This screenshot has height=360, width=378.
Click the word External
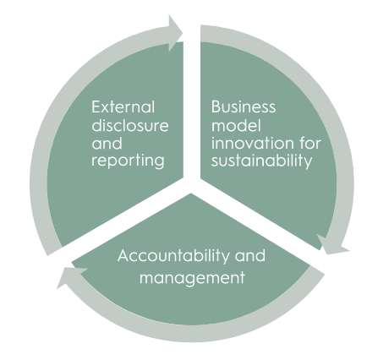click(x=123, y=107)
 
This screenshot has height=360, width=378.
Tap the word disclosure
click(x=130, y=125)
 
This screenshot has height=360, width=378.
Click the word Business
click(x=244, y=107)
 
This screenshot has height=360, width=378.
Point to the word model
click(x=236, y=125)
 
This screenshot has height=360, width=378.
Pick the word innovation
click(x=249, y=143)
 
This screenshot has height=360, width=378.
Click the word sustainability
click(x=261, y=161)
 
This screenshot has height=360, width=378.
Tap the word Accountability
click(x=173, y=256)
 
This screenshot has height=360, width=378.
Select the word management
click(x=192, y=278)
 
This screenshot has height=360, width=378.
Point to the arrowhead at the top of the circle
click(x=176, y=33)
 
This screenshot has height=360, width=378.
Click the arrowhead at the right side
click(x=332, y=244)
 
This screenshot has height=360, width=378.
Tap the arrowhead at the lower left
click(x=70, y=276)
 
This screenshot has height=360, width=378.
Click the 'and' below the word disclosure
click(x=107, y=144)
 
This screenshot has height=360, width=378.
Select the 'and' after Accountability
click(x=250, y=255)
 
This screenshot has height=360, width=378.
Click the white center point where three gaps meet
click(x=192, y=183)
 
